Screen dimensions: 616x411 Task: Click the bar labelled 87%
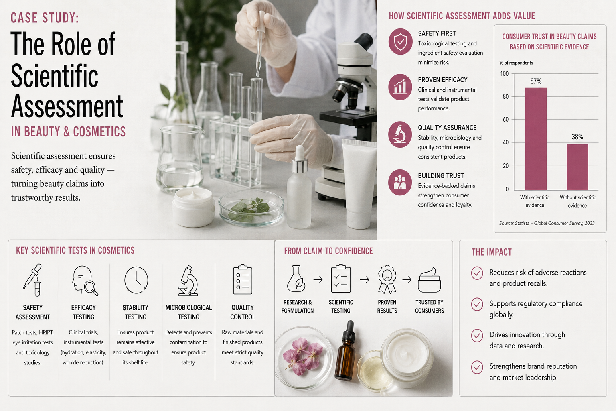tap(536, 139)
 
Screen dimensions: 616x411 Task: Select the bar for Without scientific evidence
tap(577, 167)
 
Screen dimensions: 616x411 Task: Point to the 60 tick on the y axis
tap(505, 120)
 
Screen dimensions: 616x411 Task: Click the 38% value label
tap(577, 137)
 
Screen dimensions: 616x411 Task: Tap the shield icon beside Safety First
tap(400, 42)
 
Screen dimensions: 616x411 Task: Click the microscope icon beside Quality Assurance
tap(400, 134)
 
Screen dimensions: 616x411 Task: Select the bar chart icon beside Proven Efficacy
tap(400, 87)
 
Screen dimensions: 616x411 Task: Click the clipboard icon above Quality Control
tap(243, 279)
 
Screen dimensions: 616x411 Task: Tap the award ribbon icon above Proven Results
tap(387, 279)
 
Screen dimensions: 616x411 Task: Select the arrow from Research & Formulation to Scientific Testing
tap(318, 280)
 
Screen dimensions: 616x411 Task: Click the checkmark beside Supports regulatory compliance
tap(477, 304)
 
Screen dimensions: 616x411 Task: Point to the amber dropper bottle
tap(345, 351)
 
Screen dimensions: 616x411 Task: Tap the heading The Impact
tap(491, 252)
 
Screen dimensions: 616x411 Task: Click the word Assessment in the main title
tap(67, 106)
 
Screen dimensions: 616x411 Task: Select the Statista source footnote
tap(547, 223)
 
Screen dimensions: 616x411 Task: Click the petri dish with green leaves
tap(251, 208)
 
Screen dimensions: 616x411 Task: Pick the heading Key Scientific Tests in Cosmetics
tap(75, 250)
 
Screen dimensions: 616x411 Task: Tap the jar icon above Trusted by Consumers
tap(429, 280)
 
